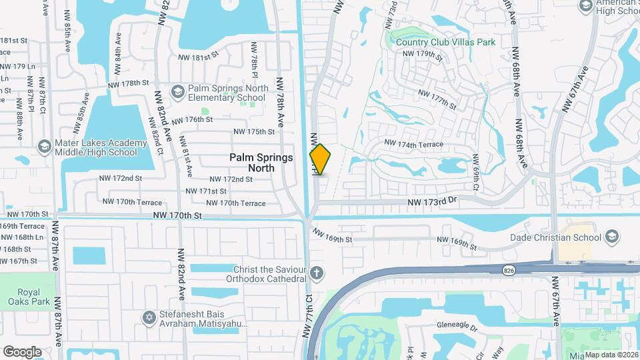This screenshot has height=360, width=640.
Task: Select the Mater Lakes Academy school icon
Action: pos(44,146)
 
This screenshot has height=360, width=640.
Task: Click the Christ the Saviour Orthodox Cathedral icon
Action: pos(317,273)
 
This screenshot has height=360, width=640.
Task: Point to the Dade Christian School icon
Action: pos(611,237)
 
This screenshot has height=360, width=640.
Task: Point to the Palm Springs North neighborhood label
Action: pos(252,163)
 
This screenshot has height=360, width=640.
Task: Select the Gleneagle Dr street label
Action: pos(459,327)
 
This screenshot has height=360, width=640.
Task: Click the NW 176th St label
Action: pos(192,119)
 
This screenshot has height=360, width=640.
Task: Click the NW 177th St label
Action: pos(437,100)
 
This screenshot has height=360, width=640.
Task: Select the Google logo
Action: pos(22,351)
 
